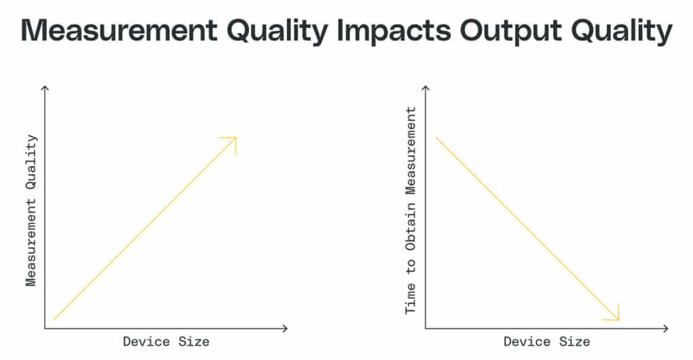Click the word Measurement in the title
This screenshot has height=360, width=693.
119,30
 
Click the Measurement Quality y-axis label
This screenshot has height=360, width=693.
31,210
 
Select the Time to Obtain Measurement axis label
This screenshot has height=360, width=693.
411,210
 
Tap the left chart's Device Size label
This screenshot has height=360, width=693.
166,342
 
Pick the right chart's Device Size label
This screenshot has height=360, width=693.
547,342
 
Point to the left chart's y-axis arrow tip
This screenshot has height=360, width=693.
45,87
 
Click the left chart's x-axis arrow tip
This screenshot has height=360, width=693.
288,328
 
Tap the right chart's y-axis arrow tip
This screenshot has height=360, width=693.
426,87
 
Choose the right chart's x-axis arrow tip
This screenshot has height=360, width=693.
668,328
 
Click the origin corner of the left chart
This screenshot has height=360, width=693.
45,328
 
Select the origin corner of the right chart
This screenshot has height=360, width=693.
426,328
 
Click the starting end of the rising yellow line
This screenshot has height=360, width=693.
53,320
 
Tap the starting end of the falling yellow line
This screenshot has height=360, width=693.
437,138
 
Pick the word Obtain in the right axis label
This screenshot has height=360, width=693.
411,226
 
